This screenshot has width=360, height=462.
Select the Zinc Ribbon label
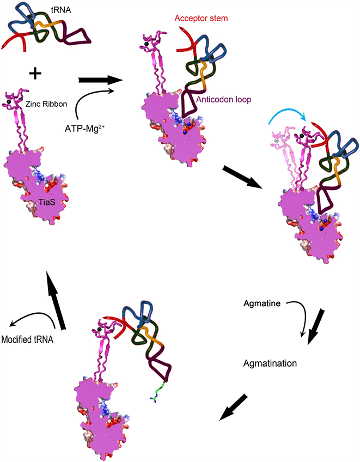pyautogui.click(x=43, y=102)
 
